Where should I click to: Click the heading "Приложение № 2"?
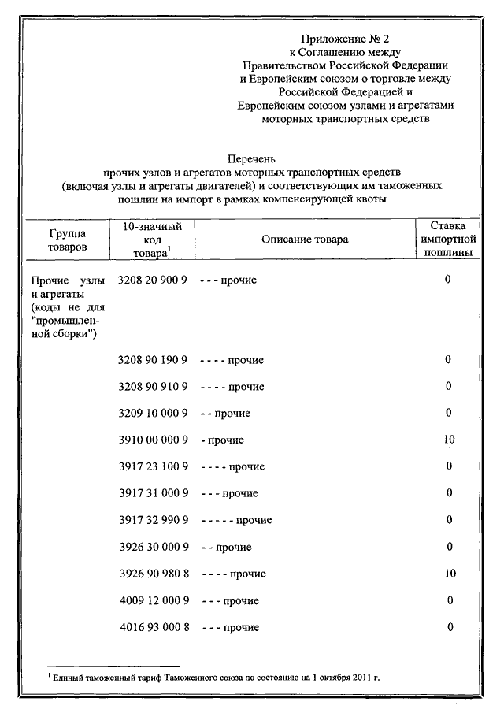tap(346, 39)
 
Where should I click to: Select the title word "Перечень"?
tap(251, 158)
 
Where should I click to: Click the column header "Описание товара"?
tap(304, 240)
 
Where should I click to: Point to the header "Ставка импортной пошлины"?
tap(447, 240)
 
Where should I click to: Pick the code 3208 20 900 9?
tap(152, 280)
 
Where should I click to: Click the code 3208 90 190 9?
tap(152, 360)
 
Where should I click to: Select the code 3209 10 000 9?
tap(152, 413)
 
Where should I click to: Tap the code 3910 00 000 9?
tap(152, 440)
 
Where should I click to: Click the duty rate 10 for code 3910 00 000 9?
tap(449, 440)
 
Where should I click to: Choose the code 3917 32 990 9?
tap(152, 520)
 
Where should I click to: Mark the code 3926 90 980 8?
tap(152, 574)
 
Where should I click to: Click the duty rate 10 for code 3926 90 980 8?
tap(449, 574)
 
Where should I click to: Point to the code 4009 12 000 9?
tap(152, 600)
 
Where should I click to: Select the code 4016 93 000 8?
tap(152, 627)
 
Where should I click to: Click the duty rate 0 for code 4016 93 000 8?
tap(449, 627)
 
